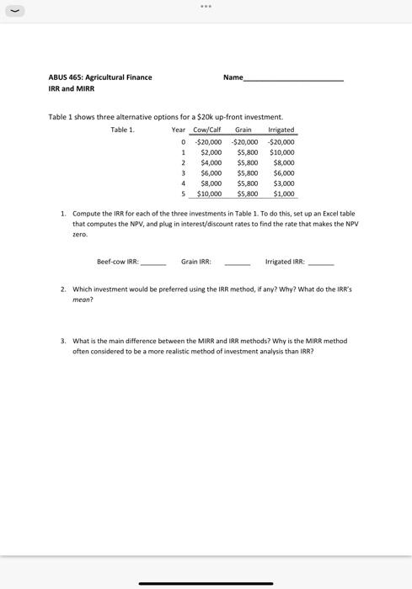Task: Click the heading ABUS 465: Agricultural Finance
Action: [100, 77]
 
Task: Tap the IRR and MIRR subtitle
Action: [72, 88]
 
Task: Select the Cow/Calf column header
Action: [206, 130]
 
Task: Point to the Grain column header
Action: [243, 130]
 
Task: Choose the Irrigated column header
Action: [281, 130]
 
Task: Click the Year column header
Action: [178, 130]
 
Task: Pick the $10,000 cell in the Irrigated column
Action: [281, 152]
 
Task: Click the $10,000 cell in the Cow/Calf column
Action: [209, 194]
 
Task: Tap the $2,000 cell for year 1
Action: [211, 152]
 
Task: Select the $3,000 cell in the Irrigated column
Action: [284, 183]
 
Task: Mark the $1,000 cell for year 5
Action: [284, 194]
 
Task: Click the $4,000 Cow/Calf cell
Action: [211, 162]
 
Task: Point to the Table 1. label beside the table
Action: [122, 130]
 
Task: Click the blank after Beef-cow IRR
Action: [153, 263]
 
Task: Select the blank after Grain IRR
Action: [238, 263]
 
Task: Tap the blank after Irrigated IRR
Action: [321, 263]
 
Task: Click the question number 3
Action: [62, 341]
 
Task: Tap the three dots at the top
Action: [206, 7]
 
